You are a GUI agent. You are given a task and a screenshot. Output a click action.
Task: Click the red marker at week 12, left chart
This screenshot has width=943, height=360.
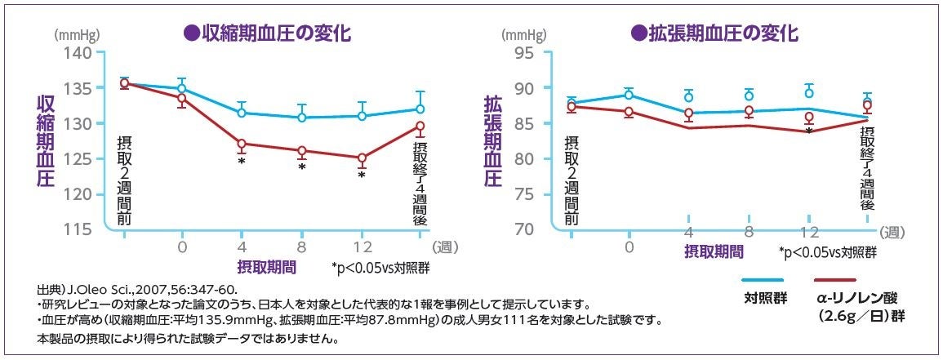[362, 158]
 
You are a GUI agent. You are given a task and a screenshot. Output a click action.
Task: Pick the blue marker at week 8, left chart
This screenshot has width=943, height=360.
[301, 118]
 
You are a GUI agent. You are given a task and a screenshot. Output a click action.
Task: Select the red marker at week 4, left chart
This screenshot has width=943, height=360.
[242, 144]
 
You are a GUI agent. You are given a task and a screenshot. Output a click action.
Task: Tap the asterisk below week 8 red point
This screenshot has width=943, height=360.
[301, 167]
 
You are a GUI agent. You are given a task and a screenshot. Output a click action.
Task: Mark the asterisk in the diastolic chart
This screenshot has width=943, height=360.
[808, 131]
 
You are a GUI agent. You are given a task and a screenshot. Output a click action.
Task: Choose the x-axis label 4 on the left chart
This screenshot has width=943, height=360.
[242, 246]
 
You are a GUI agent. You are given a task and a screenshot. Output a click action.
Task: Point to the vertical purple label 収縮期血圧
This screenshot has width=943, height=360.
[46, 140]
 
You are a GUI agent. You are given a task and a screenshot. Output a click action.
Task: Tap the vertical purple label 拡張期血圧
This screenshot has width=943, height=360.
[493, 140]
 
